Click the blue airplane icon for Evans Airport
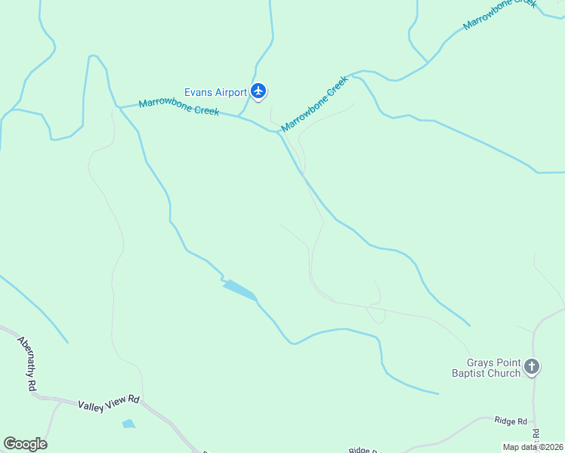tap(259, 92)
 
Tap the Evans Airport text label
tap(216, 93)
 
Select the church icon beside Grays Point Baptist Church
tap(532, 367)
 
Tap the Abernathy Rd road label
tap(28, 362)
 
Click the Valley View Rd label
tap(109, 402)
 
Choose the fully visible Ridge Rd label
tap(510, 421)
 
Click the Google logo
tap(25, 444)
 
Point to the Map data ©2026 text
tap(533, 447)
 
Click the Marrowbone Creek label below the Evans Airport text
tap(179, 107)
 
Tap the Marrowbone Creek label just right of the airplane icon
tap(314, 103)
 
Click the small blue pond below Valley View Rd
tap(128, 424)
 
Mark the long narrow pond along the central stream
tap(239, 289)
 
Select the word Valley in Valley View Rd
tap(91, 405)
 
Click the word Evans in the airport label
tap(198, 93)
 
